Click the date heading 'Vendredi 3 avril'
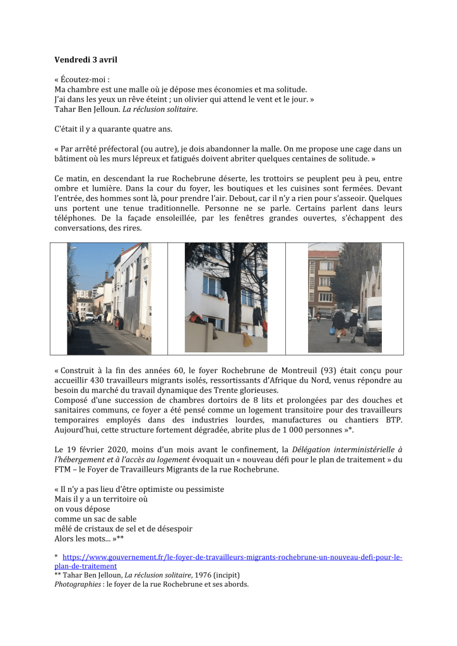click(x=86, y=60)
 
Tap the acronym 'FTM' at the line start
click(x=64, y=469)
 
